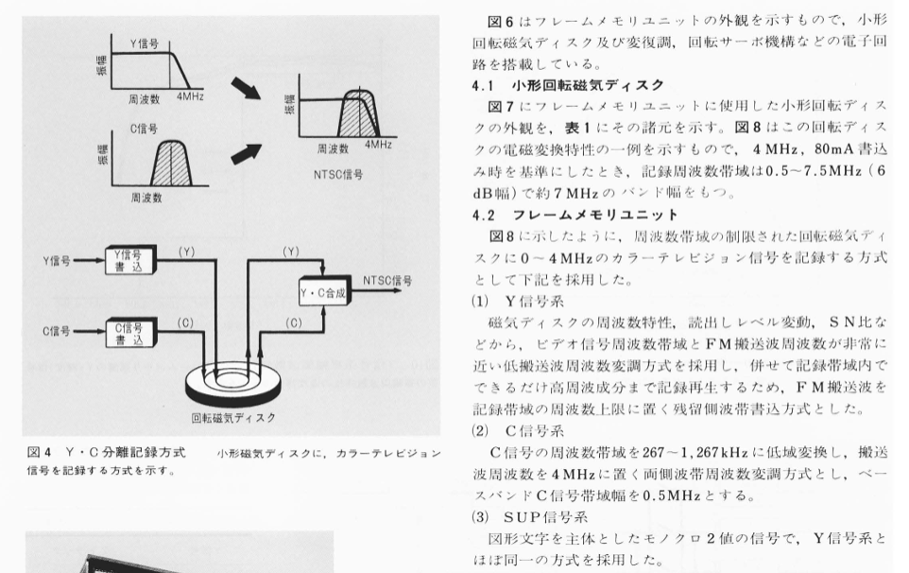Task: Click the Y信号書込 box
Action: (x=131, y=260)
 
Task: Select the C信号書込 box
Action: (x=131, y=333)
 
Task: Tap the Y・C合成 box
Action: (x=325, y=292)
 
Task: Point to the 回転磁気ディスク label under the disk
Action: (x=233, y=418)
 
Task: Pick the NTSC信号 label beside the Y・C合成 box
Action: (x=387, y=281)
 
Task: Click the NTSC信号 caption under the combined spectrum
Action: (x=338, y=175)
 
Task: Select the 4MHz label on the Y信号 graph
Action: (x=190, y=96)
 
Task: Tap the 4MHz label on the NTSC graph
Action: (x=378, y=145)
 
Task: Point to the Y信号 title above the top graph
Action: (x=145, y=44)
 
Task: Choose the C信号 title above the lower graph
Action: (x=144, y=129)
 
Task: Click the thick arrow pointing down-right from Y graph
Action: (x=246, y=89)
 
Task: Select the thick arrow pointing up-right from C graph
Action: (x=246, y=154)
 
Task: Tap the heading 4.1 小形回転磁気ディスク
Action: (x=568, y=85)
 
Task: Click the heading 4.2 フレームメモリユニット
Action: (x=575, y=216)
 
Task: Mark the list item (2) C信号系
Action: (x=517, y=430)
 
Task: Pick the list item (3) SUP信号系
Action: (x=529, y=517)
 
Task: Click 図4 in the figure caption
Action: (x=40, y=452)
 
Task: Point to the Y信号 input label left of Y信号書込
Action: (x=57, y=261)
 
